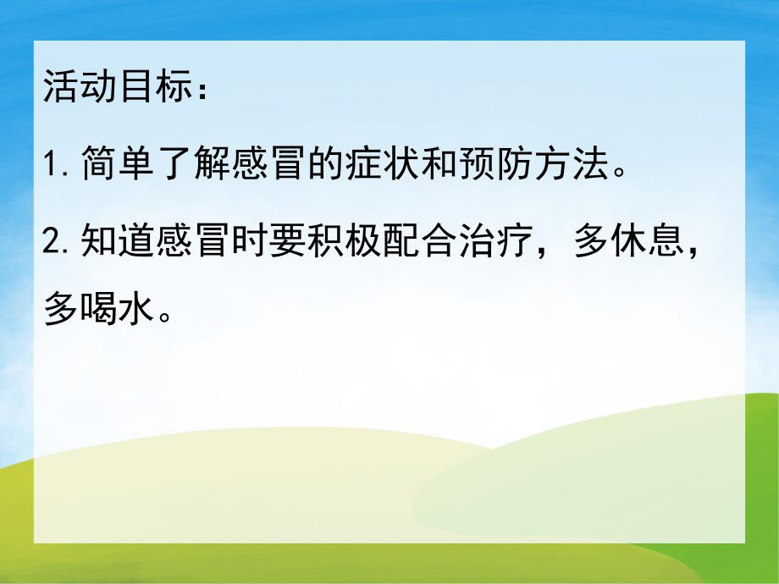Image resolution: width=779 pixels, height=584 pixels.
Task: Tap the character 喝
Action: pyautogui.click(x=97, y=311)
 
